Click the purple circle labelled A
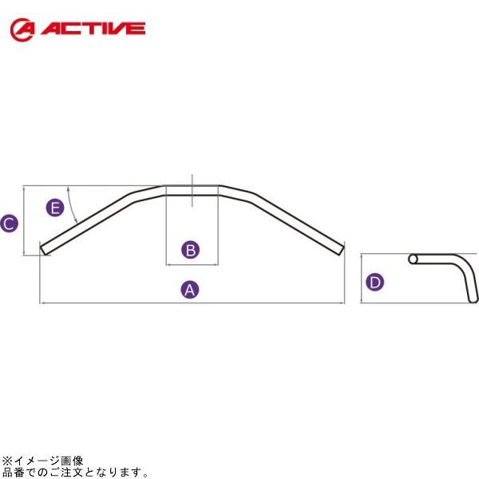[190, 289]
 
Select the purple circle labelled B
[190, 250]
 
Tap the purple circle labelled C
[9, 224]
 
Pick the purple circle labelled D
[375, 281]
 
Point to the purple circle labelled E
[54, 208]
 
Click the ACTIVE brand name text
[93, 30]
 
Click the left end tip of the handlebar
[44, 250]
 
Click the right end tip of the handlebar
[342, 250]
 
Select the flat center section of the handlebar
[192, 189]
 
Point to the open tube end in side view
[413, 259]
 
